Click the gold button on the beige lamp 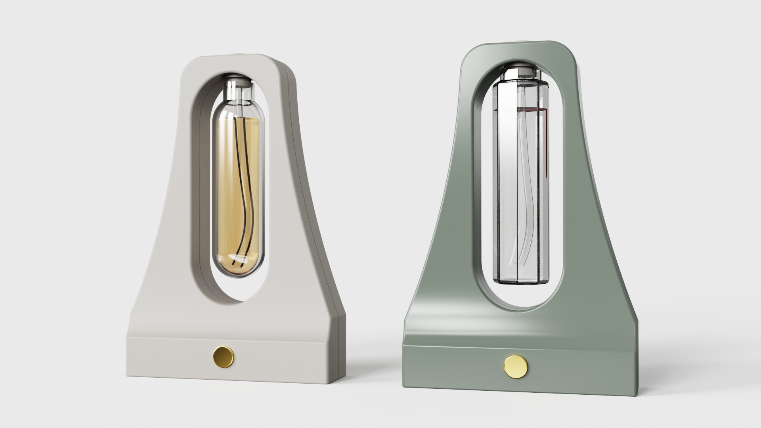[223, 356]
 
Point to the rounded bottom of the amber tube [238, 272]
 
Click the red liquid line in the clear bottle [531, 108]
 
